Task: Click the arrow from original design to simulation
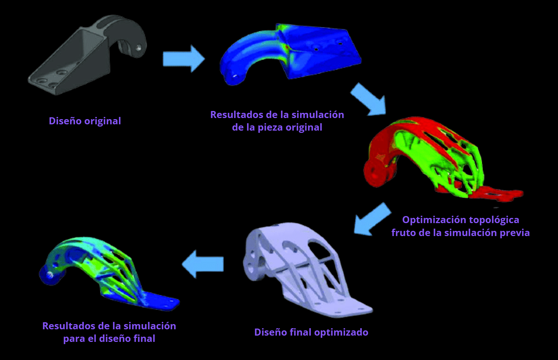point(184,58)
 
